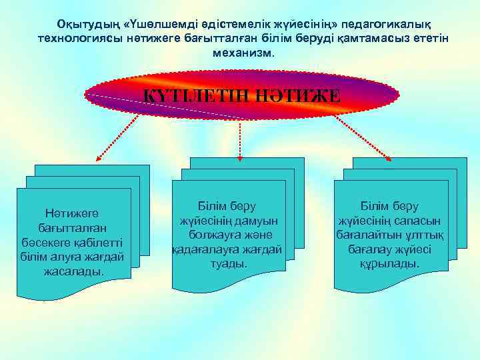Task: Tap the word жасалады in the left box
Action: point(73,271)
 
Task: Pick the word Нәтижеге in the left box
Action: point(71,213)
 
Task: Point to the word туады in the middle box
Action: point(233,264)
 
